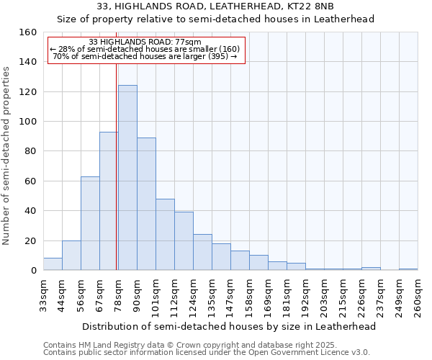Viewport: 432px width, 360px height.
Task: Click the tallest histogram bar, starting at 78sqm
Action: (127, 178)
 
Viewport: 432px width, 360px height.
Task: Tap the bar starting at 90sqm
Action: (146, 204)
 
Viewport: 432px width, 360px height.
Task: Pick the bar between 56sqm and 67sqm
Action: (90, 223)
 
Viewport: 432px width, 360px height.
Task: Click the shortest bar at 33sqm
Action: (53, 264)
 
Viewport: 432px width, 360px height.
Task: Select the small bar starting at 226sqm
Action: (371, 269)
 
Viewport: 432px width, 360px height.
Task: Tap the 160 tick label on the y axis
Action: (28, 32)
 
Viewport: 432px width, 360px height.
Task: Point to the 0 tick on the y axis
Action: (33, 271)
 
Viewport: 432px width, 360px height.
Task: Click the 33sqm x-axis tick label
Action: (43, 297)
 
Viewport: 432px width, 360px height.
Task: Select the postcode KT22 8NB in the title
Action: (314, 6)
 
